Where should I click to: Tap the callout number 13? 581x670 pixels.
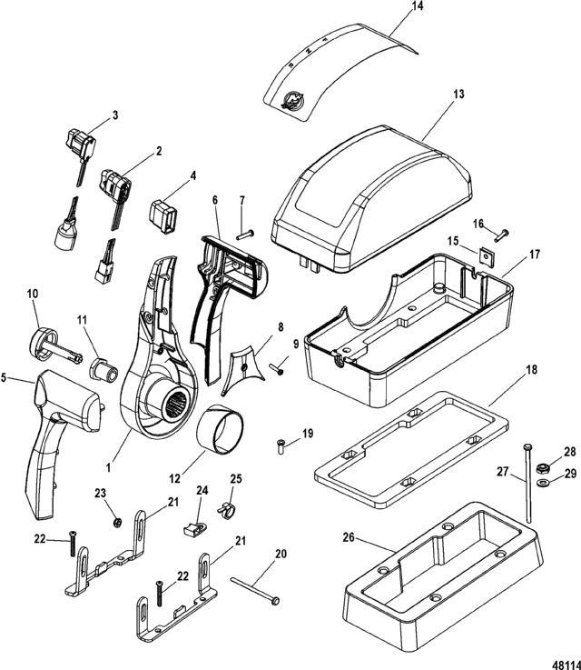pyautogui.click(x=458, y=95)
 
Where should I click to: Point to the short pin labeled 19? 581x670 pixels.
pyautogui.click(x=281, y=446)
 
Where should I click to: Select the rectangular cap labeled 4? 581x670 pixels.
pyautogui.click(x=163, y=217)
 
